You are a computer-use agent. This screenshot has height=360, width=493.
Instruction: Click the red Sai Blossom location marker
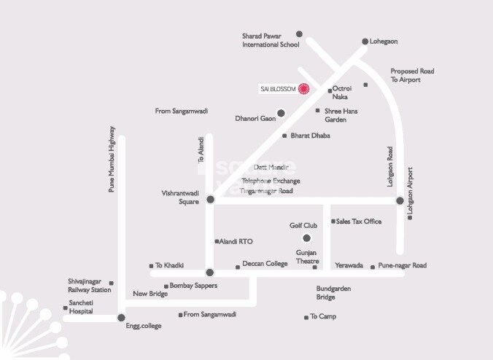pyautogui.click(x=305, y=89)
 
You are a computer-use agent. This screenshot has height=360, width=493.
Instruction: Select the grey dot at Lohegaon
pyautogui.click(x=365, y=42)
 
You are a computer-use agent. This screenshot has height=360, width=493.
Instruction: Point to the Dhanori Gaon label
pyautogui.click(x=255, y=117)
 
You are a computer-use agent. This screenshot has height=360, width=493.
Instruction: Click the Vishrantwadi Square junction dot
pyautogui.click(x=210, y=199)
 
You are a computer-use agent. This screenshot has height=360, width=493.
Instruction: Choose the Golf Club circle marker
pyautogui.click(x=307, y=238)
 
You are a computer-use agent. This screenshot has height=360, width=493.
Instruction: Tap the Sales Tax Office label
pyautogui.click(x=358, y=222)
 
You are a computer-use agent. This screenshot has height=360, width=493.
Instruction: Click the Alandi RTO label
pyautogui.click(x=236, y=241)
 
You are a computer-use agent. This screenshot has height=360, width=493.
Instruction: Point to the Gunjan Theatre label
pyautogui.click(x=307, y=257)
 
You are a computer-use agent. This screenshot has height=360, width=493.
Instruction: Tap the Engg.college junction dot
pyautogui.click(x=121, y=317)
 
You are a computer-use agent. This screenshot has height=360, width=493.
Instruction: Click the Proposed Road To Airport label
pyautogui.click(x=412, y=75)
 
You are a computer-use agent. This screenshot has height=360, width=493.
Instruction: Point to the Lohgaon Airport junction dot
pyautogui.click(x=400, y=200)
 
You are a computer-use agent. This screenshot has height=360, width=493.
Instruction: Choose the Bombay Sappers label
pyautogui.click(x=193, y=286)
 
